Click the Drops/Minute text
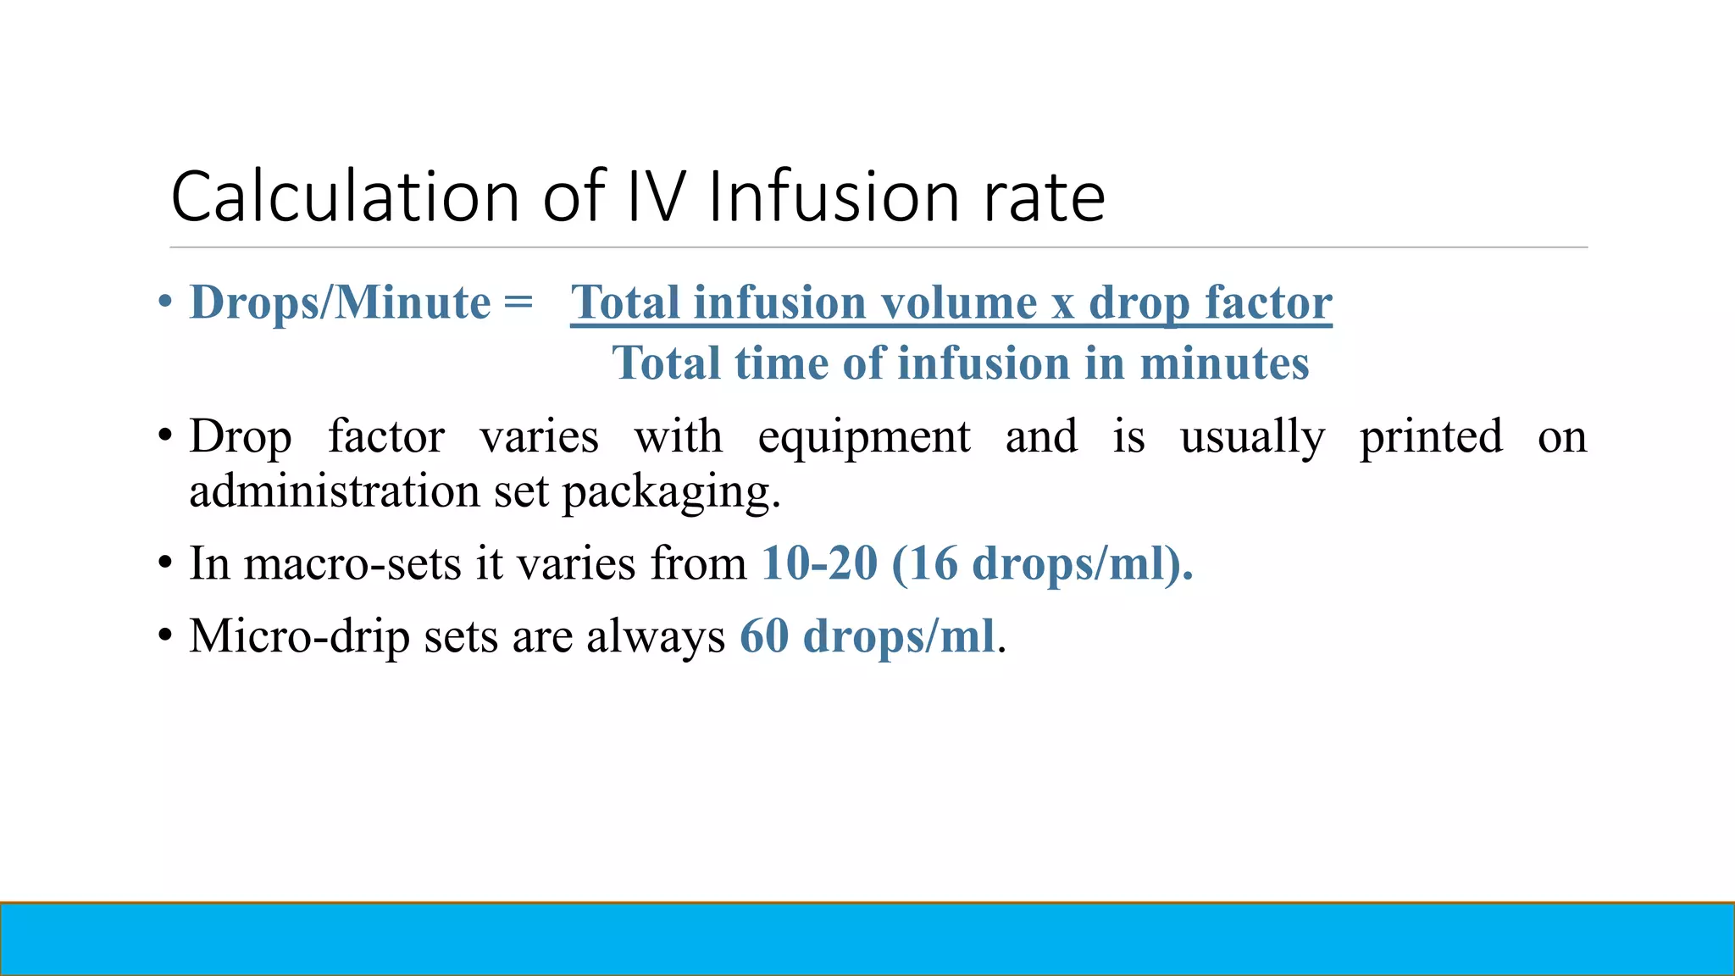pyautogui.click(x=340, y=302)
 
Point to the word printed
pyautogui.click(x=1431, y=438)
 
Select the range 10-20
pyautogui.click(x=819, y=563)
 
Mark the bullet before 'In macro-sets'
pyautogui.click(x=165, y=564)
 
